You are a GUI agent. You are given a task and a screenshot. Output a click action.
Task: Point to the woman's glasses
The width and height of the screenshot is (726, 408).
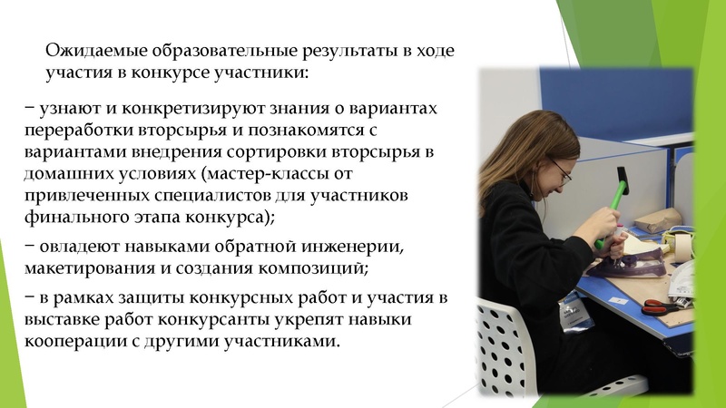[x=561, y=170]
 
